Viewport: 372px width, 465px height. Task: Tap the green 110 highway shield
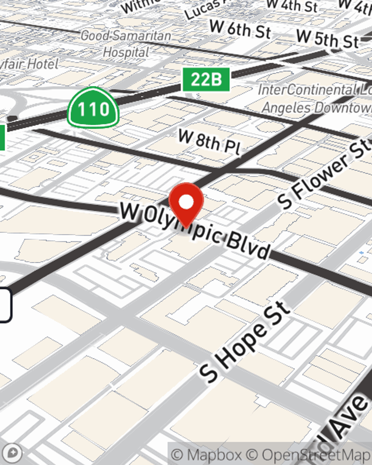pos(93,108)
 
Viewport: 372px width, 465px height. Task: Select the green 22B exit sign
pos(206,80)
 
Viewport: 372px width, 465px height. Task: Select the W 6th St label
pos(240,29)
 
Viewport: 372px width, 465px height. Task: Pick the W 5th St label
pos(327,39)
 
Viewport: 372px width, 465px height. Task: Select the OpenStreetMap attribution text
pos(315,455)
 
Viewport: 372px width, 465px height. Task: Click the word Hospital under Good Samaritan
pos(126,52)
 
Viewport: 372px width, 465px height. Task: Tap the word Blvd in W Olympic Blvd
pos(248,246)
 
